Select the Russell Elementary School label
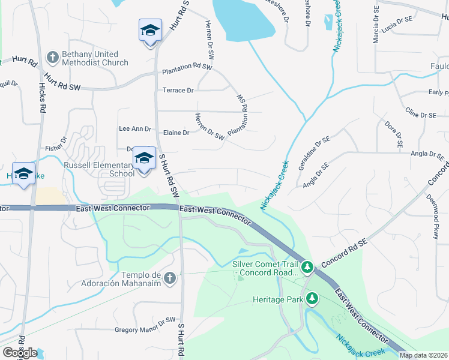pyautogui.click(x=99, y=169)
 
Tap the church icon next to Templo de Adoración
pyautogui.click(x=170, y=278)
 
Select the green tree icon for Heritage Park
pyautogui.click(x=312, y=298)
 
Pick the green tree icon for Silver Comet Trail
pyautogui.click(x=307, y=266)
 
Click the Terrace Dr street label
pyautogui.click(x=178, y=91)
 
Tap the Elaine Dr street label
pyautogui.click(x=176, y=133)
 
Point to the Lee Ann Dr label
pyautogui.click(x=135, y=128)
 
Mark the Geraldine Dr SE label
pyautogui.click(x=313, y=149)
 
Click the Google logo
pyautogui.click(x=20, y=352)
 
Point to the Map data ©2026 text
pyautogui.click(x=423, y=355)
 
